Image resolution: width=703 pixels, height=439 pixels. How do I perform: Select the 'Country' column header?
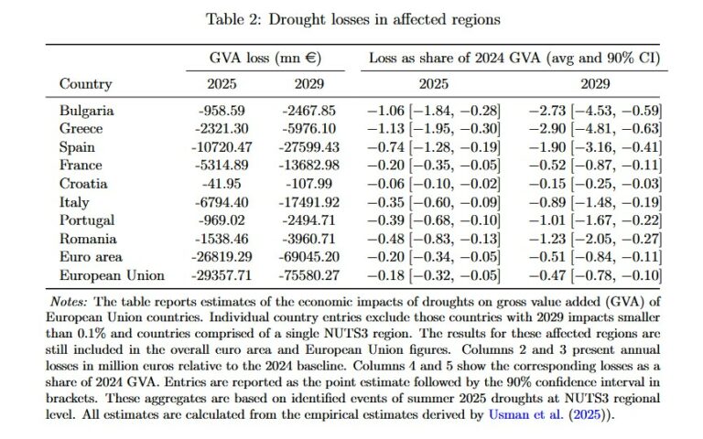coord(85,84)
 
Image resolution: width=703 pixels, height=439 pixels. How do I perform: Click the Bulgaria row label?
coord(87,111)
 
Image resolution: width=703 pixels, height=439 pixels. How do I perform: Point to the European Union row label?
coord(112,275)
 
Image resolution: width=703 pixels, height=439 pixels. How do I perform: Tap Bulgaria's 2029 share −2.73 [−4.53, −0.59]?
coord(595,111)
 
